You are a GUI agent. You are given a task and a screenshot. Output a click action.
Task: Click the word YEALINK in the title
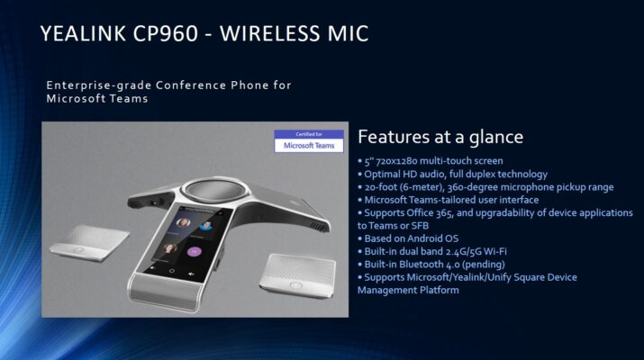click(x=83, y=33)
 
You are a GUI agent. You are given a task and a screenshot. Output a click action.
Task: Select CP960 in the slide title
click(x=166, y=33)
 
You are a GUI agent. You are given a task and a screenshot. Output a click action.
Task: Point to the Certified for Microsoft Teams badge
click(x=309, y=141)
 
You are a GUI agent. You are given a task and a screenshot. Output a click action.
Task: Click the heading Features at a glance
click(x=440, y=137)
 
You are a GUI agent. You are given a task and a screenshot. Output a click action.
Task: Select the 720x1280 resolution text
click(x=396, y=161)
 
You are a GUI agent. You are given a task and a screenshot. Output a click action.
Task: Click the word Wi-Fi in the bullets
click(x=495, y=251)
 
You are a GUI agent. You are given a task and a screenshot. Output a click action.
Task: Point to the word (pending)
click(x=485, y=265)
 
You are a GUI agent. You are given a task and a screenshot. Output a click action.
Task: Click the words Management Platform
click(x=408, y=290)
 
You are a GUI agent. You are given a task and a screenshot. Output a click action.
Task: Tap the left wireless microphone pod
click(x=89, y=242)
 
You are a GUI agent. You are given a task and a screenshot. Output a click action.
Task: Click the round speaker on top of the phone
click(x=213, y=192)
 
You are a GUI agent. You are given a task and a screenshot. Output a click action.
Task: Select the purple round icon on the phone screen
click(x=195, y=251)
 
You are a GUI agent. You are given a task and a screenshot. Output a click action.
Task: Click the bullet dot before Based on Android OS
click(x=359, y=238)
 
